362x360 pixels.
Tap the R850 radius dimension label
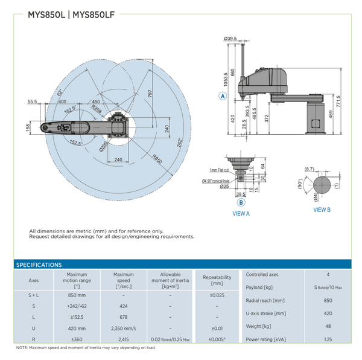pyautogui.click(x=157, y=160)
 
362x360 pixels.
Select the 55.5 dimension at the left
pyautogui.click(x=33, y=101)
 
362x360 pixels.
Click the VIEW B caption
pyautogui.click(x=322, y=210)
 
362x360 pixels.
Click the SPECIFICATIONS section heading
pyautogui.click(x=39, y=265)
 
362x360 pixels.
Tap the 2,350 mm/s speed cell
pyautogui.click(x=123, y=328)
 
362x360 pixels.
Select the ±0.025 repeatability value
pyautogui.click(x=217, y=295)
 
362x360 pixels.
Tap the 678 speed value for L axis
pyautogui.click(x=123, y=317)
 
